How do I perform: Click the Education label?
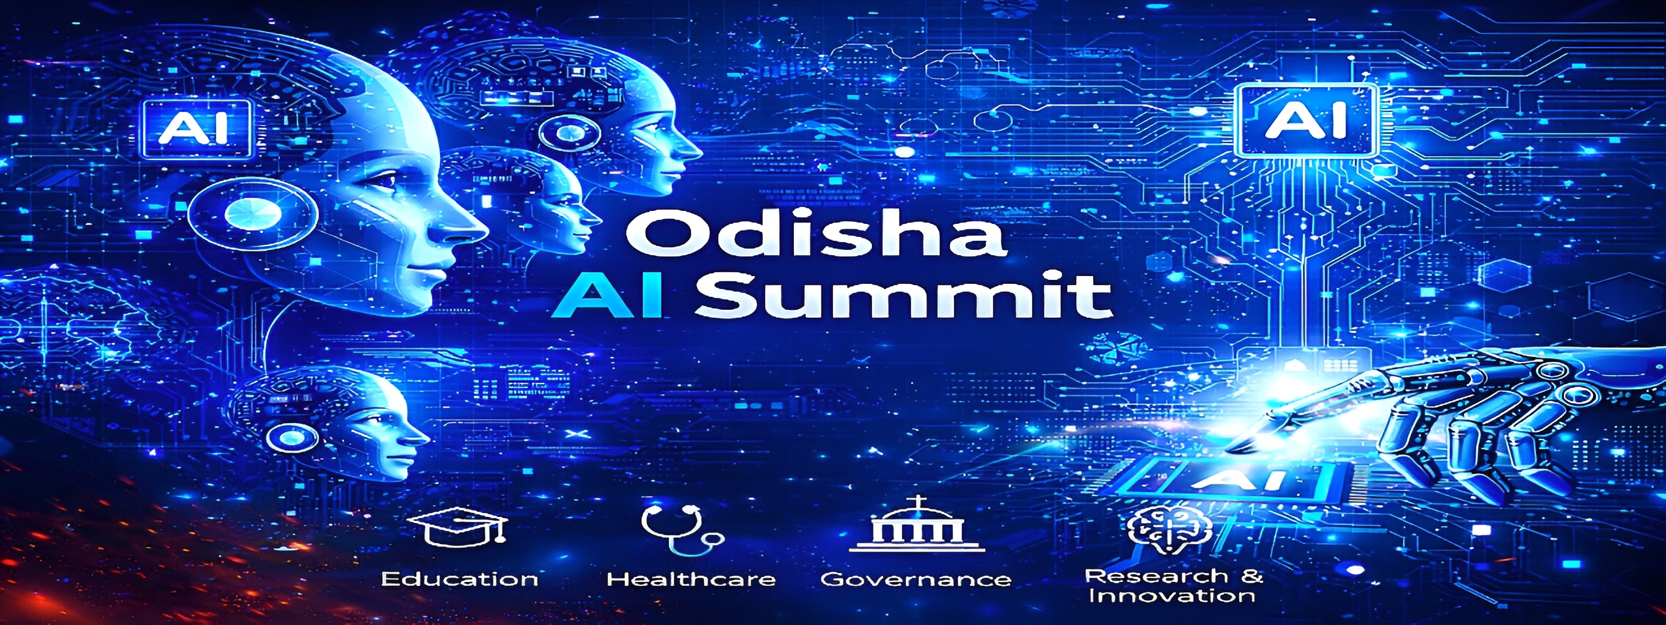459,579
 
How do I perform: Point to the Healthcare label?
691,579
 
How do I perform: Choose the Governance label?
916,579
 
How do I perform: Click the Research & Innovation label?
1173,585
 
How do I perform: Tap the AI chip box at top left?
194,128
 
